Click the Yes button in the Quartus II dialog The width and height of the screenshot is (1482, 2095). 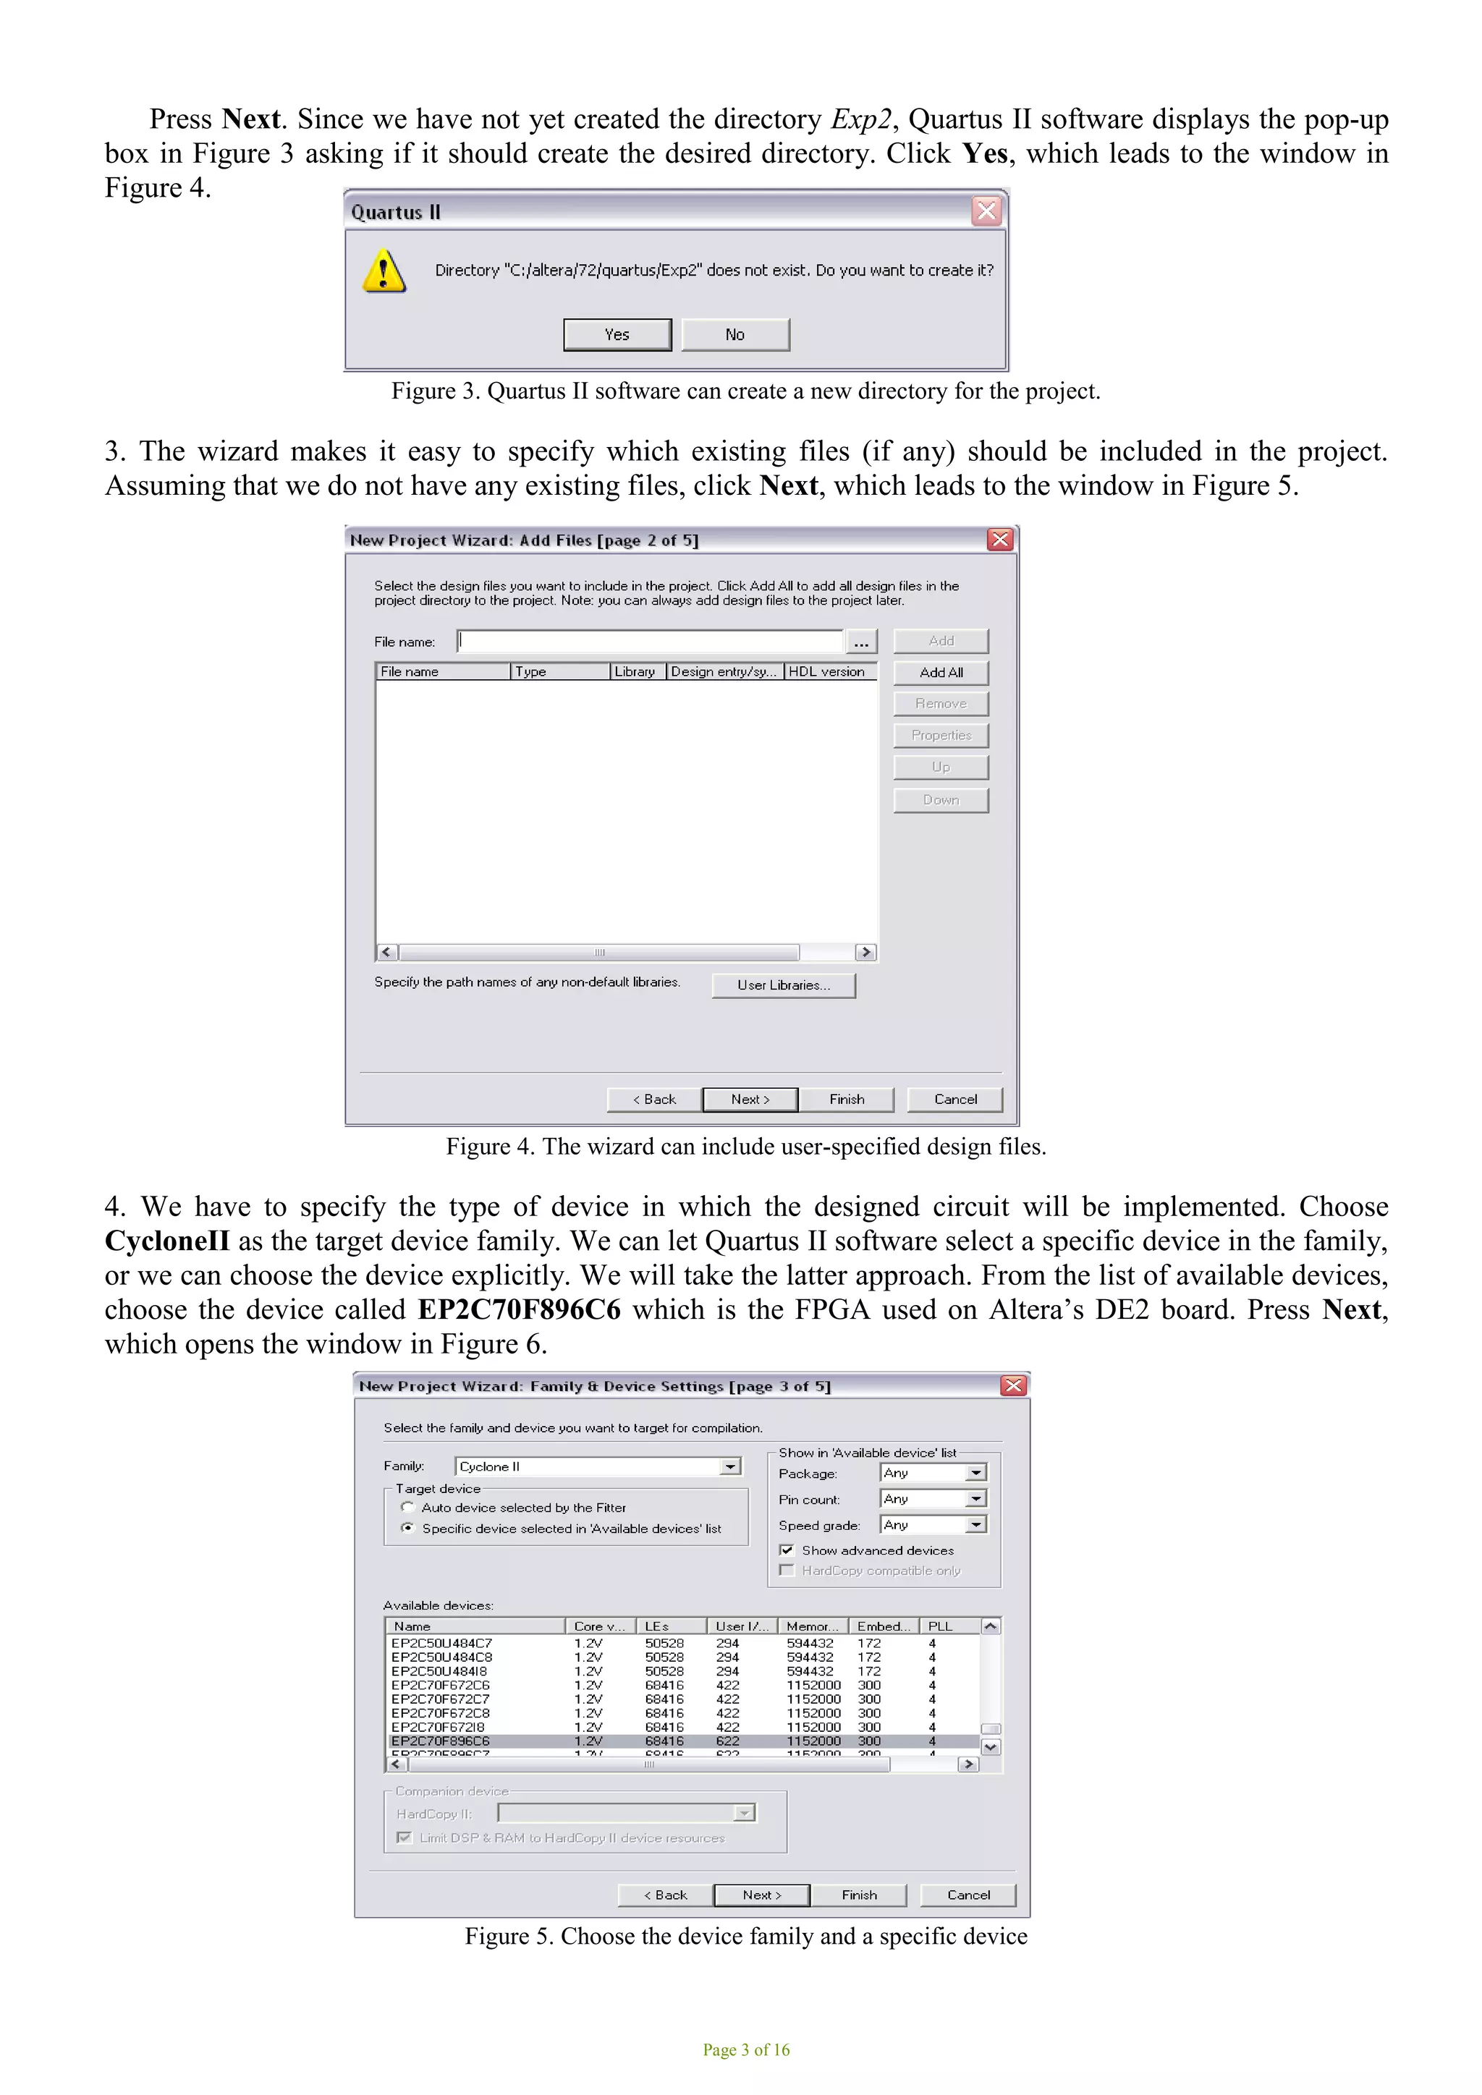click(x=617, y=334)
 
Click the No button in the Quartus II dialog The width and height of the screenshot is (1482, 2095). click(x=734, y=334)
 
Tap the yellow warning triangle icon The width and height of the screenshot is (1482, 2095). click(x=384, y=272)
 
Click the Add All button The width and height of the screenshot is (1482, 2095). click(x=940, y=673)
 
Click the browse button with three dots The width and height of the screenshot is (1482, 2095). click(x=860, y=642)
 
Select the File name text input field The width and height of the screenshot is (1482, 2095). click(x=650, y=642)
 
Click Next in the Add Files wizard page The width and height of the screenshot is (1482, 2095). click(x=750, y=1100)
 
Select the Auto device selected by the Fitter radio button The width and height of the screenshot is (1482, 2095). click(x=408, y=1508)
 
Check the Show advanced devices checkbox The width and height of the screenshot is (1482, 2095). click(x=787, y=1550)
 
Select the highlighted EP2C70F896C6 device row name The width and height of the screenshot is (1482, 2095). click(x=441, y=1741)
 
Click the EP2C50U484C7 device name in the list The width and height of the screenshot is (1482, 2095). click(x=441, y=1644)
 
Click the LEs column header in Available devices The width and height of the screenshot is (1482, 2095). click(x=668, y=1626)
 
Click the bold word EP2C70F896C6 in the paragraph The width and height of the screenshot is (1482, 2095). click(x=518, y=1310)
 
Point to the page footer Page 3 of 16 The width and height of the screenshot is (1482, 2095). click(x=745, y=2050)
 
